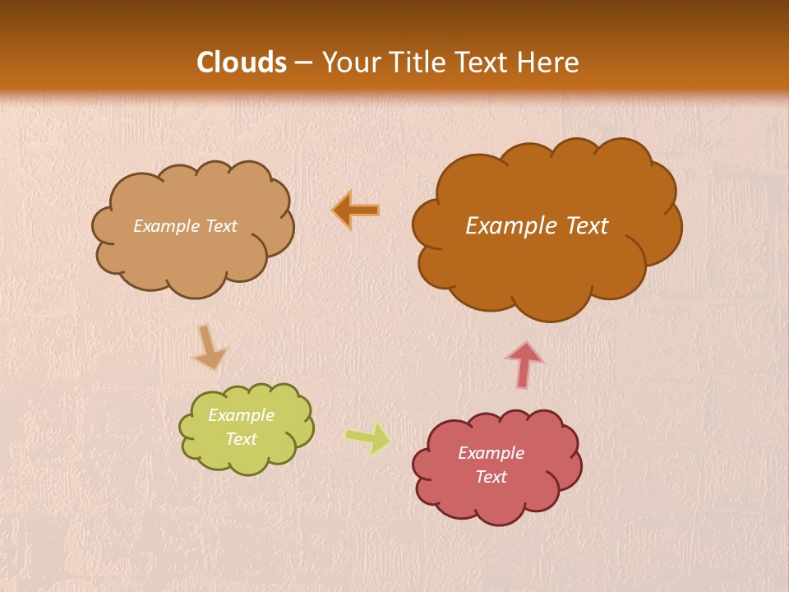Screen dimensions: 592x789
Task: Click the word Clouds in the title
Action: pyautogui.click(x=242, y=62)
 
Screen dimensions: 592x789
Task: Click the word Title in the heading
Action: pyautogui.click(x=411, y=62)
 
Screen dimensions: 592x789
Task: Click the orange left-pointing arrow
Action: pyautogui.click(x=356, y=210)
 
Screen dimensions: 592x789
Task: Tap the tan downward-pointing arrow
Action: pyautogui.click(x=209, y=347)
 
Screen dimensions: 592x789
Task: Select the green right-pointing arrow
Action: pyautogui.click(x=367, y=438)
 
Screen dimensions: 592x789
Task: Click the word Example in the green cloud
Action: pyautogui.click(x=241, y=416)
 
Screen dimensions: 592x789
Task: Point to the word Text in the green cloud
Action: pyautogui.click(x=241, y=439)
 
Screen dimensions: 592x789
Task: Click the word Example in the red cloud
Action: pyautogui.click(x=491, y=453)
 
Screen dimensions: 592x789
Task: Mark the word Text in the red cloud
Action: pyautogui.click(x=491, y=477)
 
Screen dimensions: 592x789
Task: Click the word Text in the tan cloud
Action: pyautogui.click(x=220, y=226)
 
